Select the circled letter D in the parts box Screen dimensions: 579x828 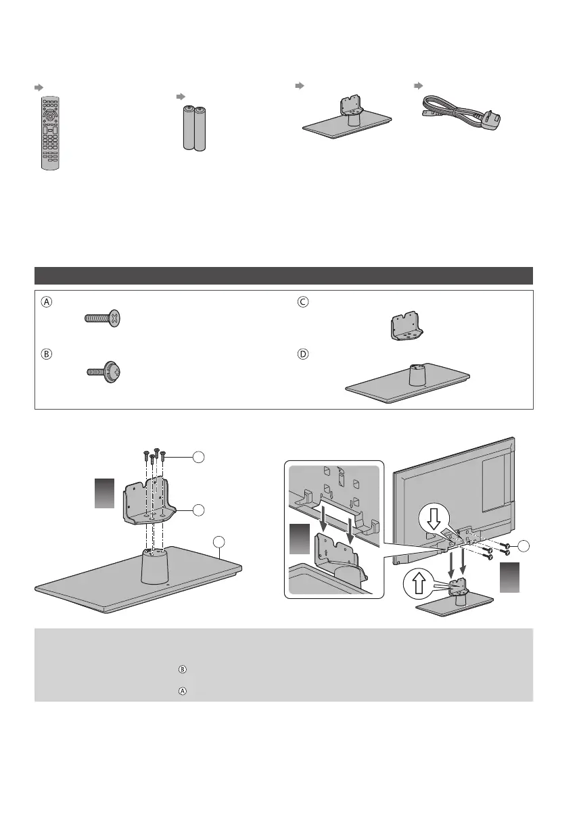303,353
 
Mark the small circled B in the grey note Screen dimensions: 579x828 181,669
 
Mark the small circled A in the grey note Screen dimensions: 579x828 181,691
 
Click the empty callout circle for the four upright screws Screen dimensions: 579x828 198,458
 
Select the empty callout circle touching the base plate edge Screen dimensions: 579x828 218,541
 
